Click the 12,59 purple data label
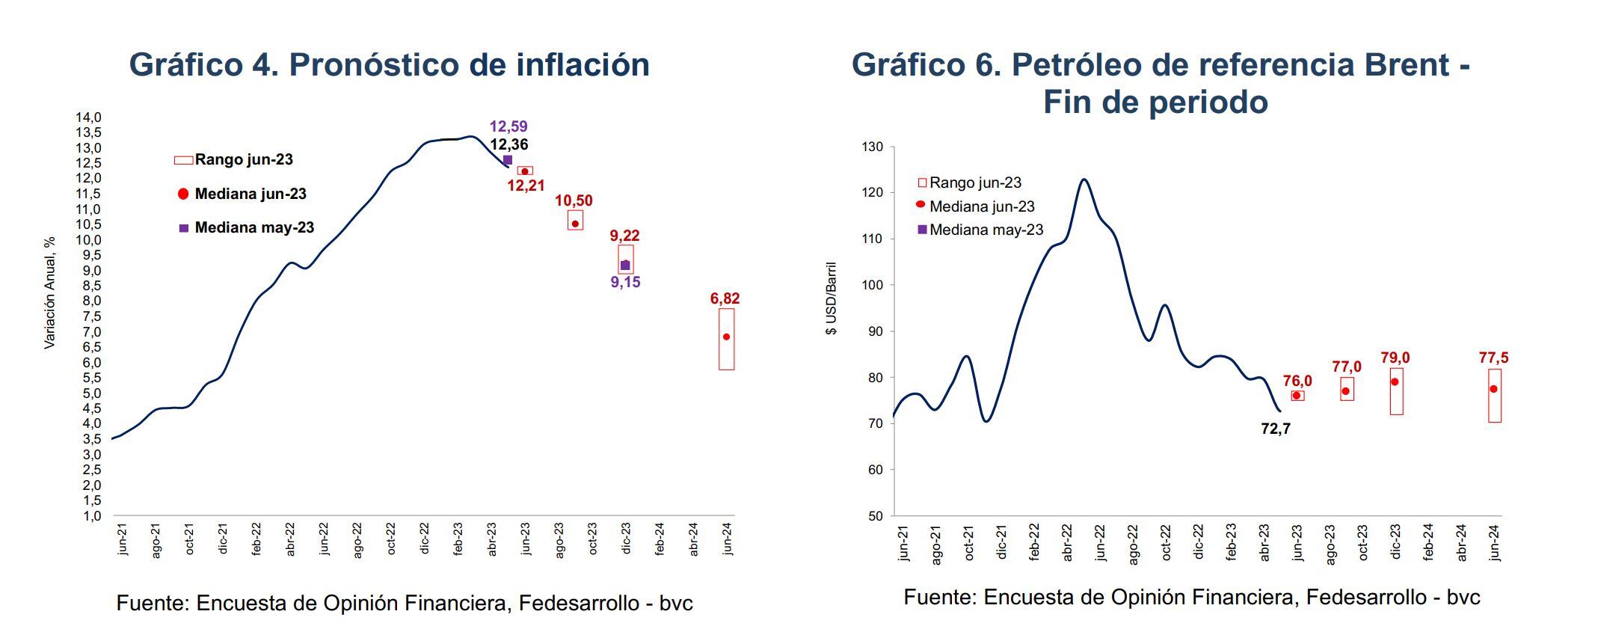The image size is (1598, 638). (508, 126)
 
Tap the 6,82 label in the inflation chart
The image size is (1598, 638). (725, 298)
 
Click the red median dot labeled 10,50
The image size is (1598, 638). (575, 224)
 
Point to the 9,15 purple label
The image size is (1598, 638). (625, 283)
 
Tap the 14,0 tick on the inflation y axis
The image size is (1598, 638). (87, 117)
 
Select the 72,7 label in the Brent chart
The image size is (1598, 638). (1275, 429)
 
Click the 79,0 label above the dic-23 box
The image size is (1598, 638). (1395, 358)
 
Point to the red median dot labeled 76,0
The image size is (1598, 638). (1297, 396)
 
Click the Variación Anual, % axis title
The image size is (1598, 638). (50, 292)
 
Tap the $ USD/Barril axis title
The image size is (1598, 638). (832, 298)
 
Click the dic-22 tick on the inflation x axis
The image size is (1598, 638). (425, 538)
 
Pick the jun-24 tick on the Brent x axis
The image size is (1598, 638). (1495, 543)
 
